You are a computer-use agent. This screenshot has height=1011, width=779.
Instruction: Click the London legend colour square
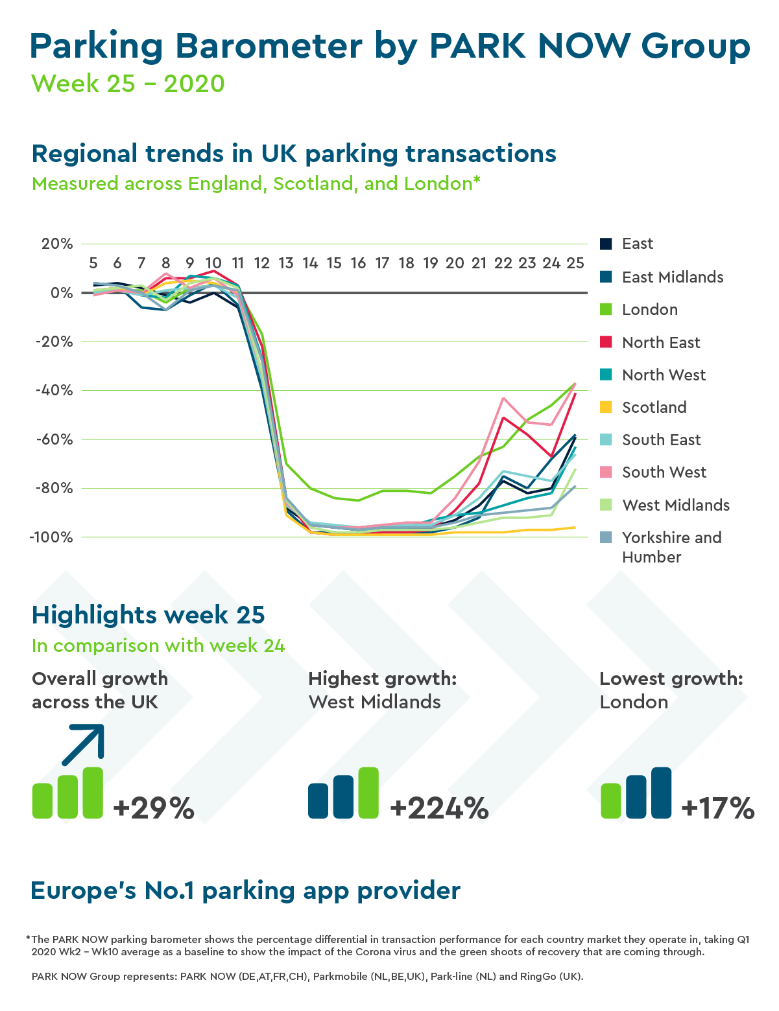click(606, 310)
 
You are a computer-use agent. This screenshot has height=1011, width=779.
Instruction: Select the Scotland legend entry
click(654, 408)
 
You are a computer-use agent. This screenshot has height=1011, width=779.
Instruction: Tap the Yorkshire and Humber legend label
click(671, 547)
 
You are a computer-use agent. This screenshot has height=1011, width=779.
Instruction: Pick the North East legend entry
click(660, 343)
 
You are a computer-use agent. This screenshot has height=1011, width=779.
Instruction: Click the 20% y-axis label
click(57, 244)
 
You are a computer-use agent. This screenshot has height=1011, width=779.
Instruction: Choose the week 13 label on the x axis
click(286, 263)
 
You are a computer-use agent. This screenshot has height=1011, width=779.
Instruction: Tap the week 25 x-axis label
click(575, 263)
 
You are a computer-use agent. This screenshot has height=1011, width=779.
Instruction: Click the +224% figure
click(439, 808)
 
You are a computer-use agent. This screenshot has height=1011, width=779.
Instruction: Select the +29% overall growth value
click(154, 808)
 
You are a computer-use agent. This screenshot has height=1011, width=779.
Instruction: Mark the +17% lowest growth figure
click(718, 808)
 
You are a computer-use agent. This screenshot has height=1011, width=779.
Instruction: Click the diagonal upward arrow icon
click(84, 745)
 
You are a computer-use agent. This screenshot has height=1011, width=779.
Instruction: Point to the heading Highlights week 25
click(149, 615)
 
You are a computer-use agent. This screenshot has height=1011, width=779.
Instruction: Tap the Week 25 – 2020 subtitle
click(128, 84)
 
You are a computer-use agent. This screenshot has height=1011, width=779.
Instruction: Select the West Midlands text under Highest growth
click(375, 703)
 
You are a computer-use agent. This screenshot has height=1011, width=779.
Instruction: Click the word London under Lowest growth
click(634, 703)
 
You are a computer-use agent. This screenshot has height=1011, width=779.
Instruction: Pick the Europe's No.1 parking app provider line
click(246, 891)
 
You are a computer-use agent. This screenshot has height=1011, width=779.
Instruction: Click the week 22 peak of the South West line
click(503, 398)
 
